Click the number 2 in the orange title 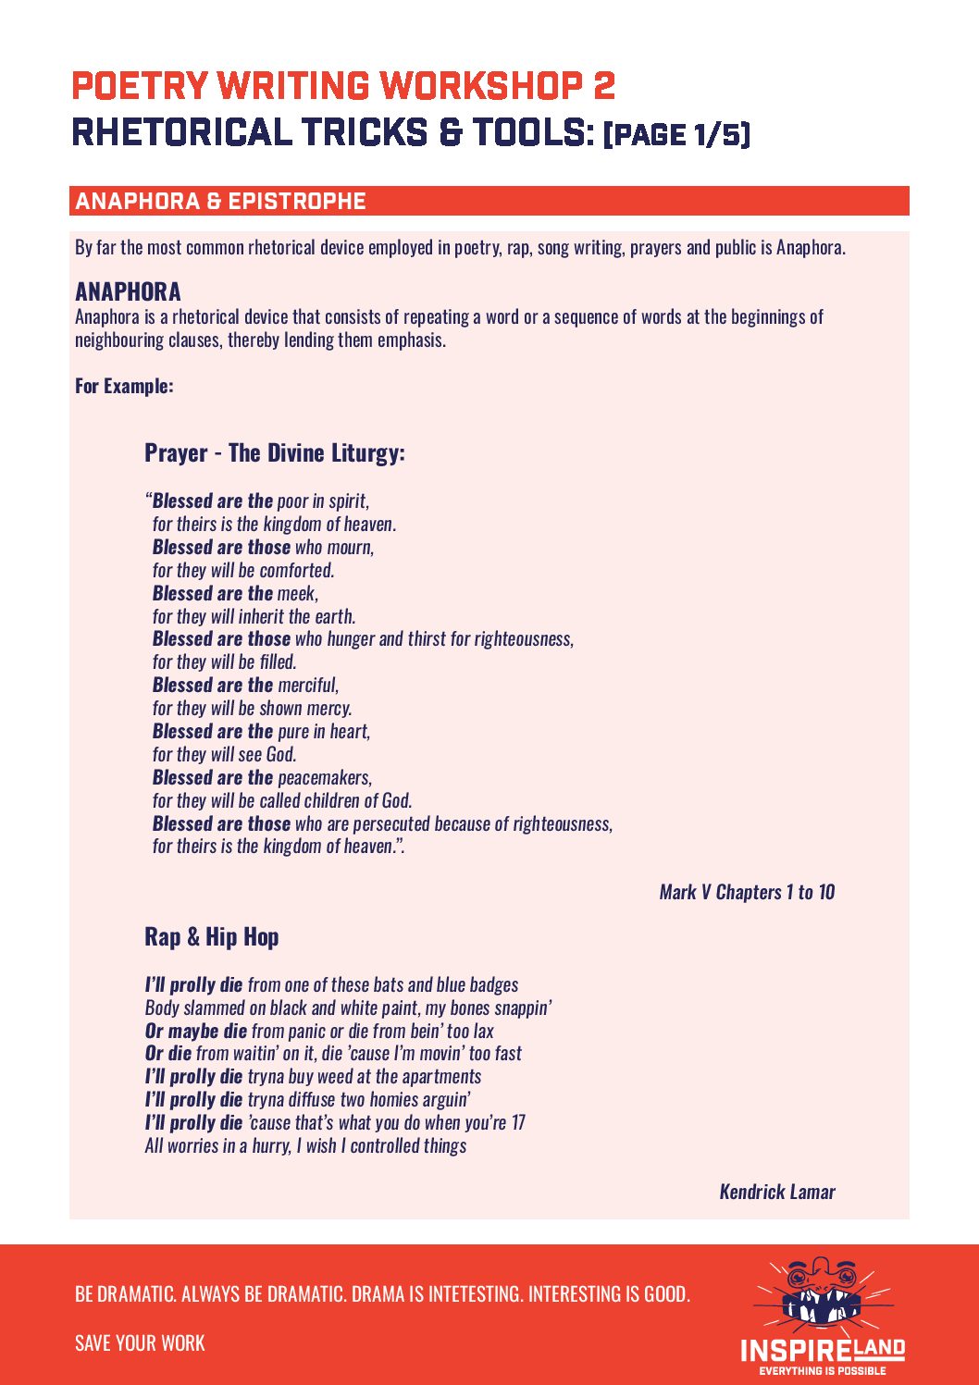[603, 86]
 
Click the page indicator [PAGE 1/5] [676, 134]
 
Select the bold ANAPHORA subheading [128, 292]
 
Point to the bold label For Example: [124, 386]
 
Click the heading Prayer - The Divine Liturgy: [274, 453]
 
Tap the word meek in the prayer [296, 593]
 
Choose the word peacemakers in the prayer [324, 777]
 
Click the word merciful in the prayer [307, 686]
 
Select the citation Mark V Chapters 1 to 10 [747, 892]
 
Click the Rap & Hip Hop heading [211, 937]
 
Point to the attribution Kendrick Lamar [777, 1192]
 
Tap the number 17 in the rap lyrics [518, 1123]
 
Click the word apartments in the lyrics [441, 1077]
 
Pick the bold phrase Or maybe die [196, 1031]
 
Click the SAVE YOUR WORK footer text [140, 1343]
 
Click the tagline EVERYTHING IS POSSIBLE [823, 1371]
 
